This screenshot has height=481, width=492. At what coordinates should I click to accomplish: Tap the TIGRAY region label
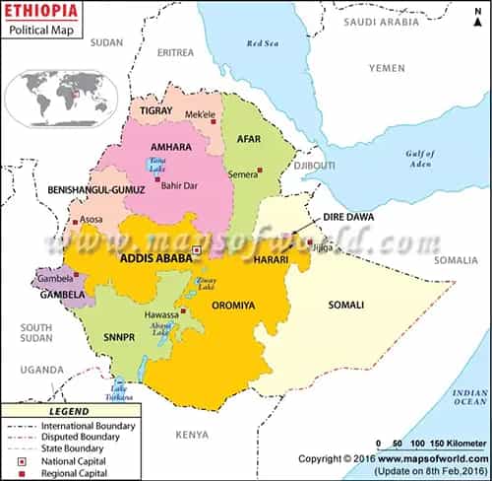pos(155,110)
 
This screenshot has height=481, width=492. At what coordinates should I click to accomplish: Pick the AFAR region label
pos(248,139)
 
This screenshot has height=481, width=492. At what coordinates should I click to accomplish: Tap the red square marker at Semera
pos(261,172)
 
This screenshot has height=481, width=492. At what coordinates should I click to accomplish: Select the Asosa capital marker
pos(75,221)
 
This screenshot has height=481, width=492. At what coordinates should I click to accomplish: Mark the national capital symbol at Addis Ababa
pos(197,251)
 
